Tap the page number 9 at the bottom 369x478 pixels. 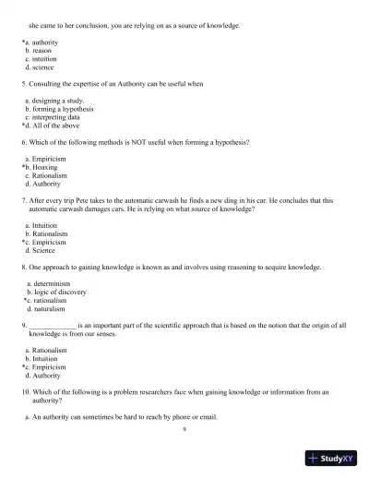[x=184, y=429]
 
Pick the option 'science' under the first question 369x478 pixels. [x=43, y=68]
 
